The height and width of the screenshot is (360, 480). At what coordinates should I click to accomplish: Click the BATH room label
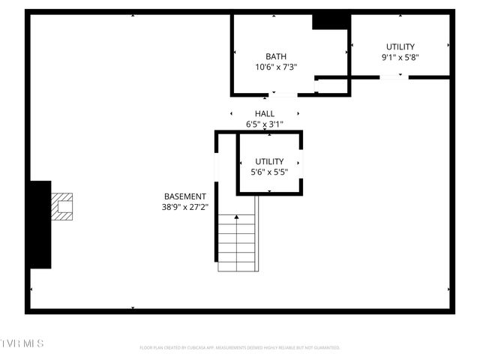point(276,56)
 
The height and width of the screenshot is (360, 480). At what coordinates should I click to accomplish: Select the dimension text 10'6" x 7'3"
point(276,67)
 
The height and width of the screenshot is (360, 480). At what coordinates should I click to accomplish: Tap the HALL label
point(265,114)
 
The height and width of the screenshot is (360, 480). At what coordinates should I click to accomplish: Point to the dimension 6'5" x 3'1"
point(265,124)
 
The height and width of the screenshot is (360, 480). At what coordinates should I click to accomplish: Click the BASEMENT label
point(185,196)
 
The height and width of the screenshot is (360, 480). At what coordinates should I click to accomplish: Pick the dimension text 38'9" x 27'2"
point(185,207)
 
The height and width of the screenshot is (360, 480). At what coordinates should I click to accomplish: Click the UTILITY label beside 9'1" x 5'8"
point(400,46)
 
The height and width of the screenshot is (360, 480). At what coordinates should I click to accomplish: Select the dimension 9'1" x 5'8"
point(400,56)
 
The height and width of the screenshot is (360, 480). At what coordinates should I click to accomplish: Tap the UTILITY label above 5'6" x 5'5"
point(269,161)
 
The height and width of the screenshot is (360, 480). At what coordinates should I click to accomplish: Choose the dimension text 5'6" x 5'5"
point(269,172)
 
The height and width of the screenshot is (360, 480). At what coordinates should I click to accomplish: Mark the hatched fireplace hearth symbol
point(62,206)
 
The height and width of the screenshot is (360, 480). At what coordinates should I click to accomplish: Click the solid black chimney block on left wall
point(39,223)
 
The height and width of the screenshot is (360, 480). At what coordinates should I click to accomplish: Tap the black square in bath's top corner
point(331,21)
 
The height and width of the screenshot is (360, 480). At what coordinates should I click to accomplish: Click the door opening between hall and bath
point(283,94)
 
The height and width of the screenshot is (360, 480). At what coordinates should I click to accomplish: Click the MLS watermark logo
point(22,343)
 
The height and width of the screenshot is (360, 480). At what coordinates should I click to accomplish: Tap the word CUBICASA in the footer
point(193,348)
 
